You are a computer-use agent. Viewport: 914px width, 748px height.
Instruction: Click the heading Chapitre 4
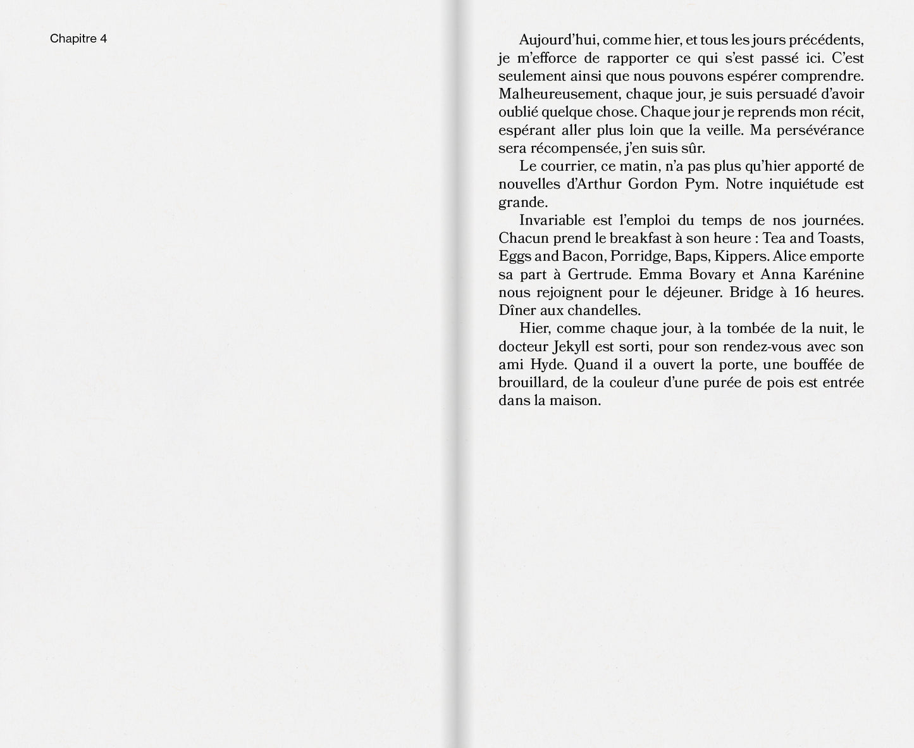point(78,39)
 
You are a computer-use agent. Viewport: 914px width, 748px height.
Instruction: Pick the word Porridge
point(640,257)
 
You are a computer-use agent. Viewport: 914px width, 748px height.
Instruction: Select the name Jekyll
point(574,347)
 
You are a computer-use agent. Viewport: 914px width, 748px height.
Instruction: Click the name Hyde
point(543,365)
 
